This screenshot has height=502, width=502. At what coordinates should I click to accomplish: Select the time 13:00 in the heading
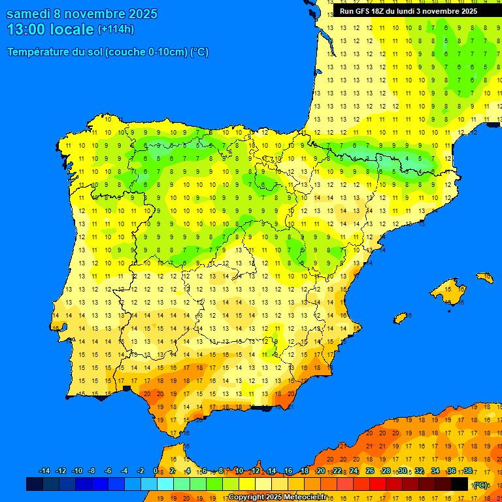click(26, 29)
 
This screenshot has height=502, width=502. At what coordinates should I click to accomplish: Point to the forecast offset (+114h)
click(116, 29)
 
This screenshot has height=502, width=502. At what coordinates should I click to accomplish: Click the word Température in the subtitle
click(39, 52)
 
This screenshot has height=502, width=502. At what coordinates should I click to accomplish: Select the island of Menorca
click(485, 277)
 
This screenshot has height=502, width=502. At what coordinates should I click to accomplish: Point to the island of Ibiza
click(401, 318)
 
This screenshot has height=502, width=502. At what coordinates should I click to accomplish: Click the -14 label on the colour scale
click(44, 471)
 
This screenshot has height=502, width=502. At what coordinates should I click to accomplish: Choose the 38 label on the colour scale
click(467, 471)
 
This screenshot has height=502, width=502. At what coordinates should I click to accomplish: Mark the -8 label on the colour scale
click(92, 471)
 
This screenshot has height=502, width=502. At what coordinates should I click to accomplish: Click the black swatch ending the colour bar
click(460, 484)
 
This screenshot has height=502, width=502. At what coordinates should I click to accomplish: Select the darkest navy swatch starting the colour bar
click(35, 484)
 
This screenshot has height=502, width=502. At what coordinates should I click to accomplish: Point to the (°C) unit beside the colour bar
click(480, 484)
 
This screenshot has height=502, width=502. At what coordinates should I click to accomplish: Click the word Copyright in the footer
click(246, 497)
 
